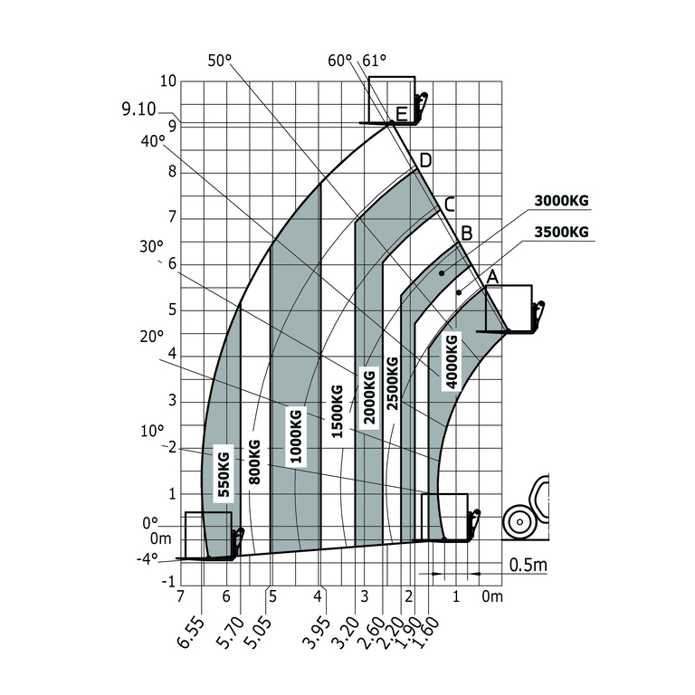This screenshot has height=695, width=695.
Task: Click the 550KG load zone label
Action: pyautogui.click(x=224, y=474)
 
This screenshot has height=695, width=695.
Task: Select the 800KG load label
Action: pyautogui.click(x=254, y=462)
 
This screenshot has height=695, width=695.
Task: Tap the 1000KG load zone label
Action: pyautogui.click(x=296, y=436)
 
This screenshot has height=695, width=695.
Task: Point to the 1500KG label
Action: pyautogui.click(x=338, y=412)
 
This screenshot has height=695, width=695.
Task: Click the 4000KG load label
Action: pyautogui.click(x=452, y=361)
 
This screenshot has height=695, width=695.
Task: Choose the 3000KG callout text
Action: pyautogui.click(x=561, y=201)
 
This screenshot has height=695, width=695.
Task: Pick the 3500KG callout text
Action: pyautogui.click(x=561, y=232)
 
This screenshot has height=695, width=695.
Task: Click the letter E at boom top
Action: pyautogui.click(x=401, y=114)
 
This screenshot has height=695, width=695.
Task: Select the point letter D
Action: pyautogui.click(x=425, y=160)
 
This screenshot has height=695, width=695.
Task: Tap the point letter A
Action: pyautogui.click(x=492, y=277)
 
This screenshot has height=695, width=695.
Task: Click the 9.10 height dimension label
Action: pyautogui.click(x=138, y=109)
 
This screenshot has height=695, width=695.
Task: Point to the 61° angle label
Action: pyautogui.click(x=374, y=61)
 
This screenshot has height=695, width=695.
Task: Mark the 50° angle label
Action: pyautogui.click(x=219, y=61)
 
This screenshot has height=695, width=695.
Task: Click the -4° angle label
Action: pyautogui.click(x=148, y=558)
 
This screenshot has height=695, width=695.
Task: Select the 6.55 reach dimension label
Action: pyautogui.click(x=191, y=633)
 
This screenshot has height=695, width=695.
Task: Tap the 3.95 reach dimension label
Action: pyautogui.click(x=317, y=633)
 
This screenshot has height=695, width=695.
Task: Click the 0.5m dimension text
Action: pyautogui.click(x=528, y=565)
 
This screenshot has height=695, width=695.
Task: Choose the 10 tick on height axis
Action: pyautogui.click(x=168, y=81)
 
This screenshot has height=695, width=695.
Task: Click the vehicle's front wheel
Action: pyautogui.click(x=519, y=522)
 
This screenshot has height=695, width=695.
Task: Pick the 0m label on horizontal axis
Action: pyautogui.click(x=492, y=596)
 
